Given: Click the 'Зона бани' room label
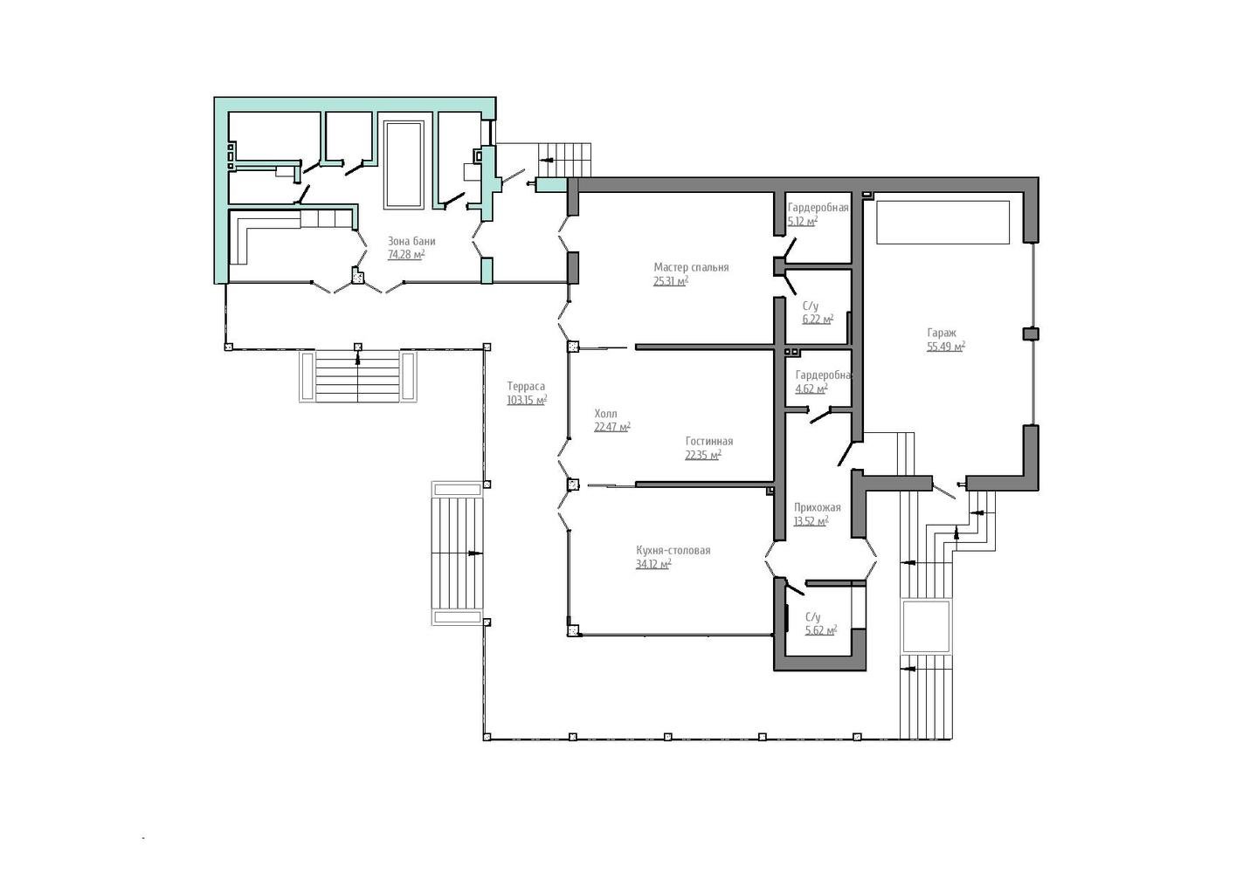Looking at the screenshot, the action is coord(411,241).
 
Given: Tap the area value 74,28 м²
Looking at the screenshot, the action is coord(406,254).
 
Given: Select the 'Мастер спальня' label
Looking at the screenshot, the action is coord(691,267).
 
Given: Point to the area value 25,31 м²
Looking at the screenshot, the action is coord(671,281).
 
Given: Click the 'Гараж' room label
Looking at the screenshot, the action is coord(942,333).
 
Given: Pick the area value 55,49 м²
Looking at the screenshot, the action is coord(946,347).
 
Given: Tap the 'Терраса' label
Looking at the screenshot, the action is coord(526,387).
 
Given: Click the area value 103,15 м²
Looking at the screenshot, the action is coord(527,400).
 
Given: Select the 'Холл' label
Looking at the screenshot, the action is coord(605,414).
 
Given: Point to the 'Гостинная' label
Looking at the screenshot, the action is coord(709,441).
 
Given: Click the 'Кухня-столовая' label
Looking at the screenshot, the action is coord(673,550).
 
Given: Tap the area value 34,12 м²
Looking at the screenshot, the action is coord(653,564).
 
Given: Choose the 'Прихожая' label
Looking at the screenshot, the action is coord(818,507).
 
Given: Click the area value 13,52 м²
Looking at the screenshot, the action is coord(811,520).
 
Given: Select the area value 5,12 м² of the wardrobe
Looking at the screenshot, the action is coord(803,221).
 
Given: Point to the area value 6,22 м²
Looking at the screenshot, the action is coord(818,319).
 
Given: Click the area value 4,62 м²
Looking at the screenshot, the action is coord(811,388).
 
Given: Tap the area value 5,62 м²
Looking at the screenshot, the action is coord(821,629).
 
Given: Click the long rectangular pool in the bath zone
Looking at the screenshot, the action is coord(404,165).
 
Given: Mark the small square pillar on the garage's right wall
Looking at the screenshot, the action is coord(1031,333).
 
